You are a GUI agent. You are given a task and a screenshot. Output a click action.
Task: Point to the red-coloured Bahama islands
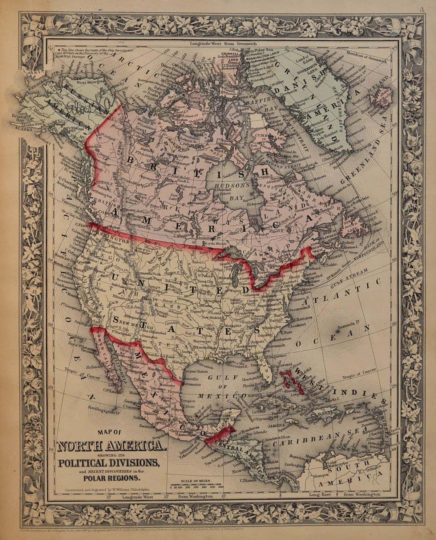295,380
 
